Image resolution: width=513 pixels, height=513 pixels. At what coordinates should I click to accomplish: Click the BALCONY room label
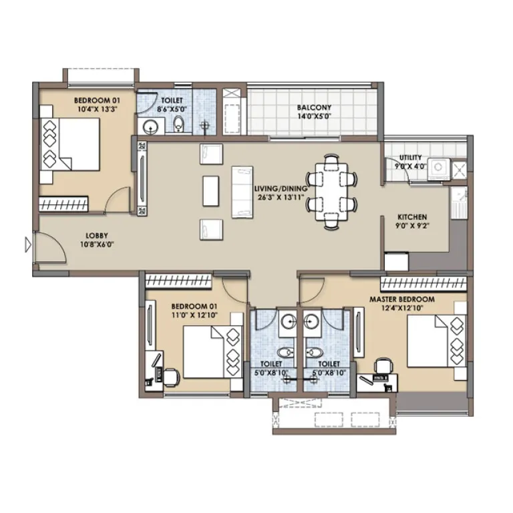pyautogui.click(x=314, y=107)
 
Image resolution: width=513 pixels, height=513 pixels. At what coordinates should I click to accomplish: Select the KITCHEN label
pyautogui.click(x=412, y=217)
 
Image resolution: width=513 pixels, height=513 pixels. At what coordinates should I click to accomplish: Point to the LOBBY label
pyautogui.click(x=97, y=235)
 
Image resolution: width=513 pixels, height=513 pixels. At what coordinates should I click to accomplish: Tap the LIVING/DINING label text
pyautogui.click(x=281, y=189)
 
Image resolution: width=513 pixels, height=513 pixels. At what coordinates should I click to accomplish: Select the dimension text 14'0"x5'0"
pyautogui.click(x=314, y=116)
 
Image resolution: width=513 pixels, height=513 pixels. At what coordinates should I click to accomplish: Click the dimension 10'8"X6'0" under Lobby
pyautogui.click(x=97, y=244)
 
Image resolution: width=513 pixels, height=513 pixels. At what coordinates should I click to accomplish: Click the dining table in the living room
pyautogui.click(x=332, y=192)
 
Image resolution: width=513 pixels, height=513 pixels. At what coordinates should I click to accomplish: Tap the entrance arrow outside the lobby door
pyautogui.click(x=27, y=245)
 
